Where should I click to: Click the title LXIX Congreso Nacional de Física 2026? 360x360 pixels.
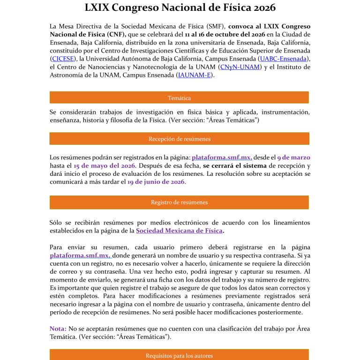180,8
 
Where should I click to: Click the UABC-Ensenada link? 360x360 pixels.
284,59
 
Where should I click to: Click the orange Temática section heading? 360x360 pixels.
179,97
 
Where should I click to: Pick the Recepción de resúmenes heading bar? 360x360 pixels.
179,139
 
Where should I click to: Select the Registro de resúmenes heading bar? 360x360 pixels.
179,202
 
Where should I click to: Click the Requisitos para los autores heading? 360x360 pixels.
179,355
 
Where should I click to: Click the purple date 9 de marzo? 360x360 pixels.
293,157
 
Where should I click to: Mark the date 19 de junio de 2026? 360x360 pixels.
156,182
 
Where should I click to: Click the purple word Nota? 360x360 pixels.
58,329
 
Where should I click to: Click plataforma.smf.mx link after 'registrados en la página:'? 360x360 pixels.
222,157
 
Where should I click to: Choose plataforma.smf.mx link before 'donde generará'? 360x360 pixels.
80,255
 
